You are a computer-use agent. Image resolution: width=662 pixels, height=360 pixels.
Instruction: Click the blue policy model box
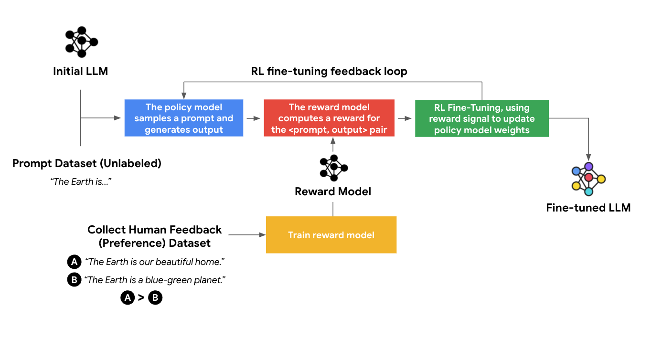click(184, 118)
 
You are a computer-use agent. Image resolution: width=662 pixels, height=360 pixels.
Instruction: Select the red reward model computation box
click(329, 118)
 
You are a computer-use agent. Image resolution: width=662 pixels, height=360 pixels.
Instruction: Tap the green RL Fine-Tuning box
click(481, 118)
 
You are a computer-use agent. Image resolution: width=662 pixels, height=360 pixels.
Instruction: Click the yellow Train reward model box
click(331, 235)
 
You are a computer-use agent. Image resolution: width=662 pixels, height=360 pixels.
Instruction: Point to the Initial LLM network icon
click(81, 42)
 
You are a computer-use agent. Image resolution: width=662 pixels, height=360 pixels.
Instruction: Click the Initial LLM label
click(80, 72)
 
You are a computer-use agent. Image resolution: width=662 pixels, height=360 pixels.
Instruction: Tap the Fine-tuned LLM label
click(588, 208)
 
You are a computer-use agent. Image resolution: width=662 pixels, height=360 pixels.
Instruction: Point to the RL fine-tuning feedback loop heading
click(329, 72)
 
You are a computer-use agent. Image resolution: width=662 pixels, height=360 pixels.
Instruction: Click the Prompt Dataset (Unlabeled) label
click(87, 164)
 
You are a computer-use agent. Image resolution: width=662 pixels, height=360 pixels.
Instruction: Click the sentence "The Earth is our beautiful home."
click(155, 262)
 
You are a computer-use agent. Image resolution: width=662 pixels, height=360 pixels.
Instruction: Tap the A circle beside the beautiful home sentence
click(74, 262)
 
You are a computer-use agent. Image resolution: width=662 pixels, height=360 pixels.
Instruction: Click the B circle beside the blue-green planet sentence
click(74, 280)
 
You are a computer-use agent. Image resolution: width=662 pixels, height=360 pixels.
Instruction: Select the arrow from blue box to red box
click(253, 118)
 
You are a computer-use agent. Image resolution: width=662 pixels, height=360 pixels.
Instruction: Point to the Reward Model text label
click(333, 192)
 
